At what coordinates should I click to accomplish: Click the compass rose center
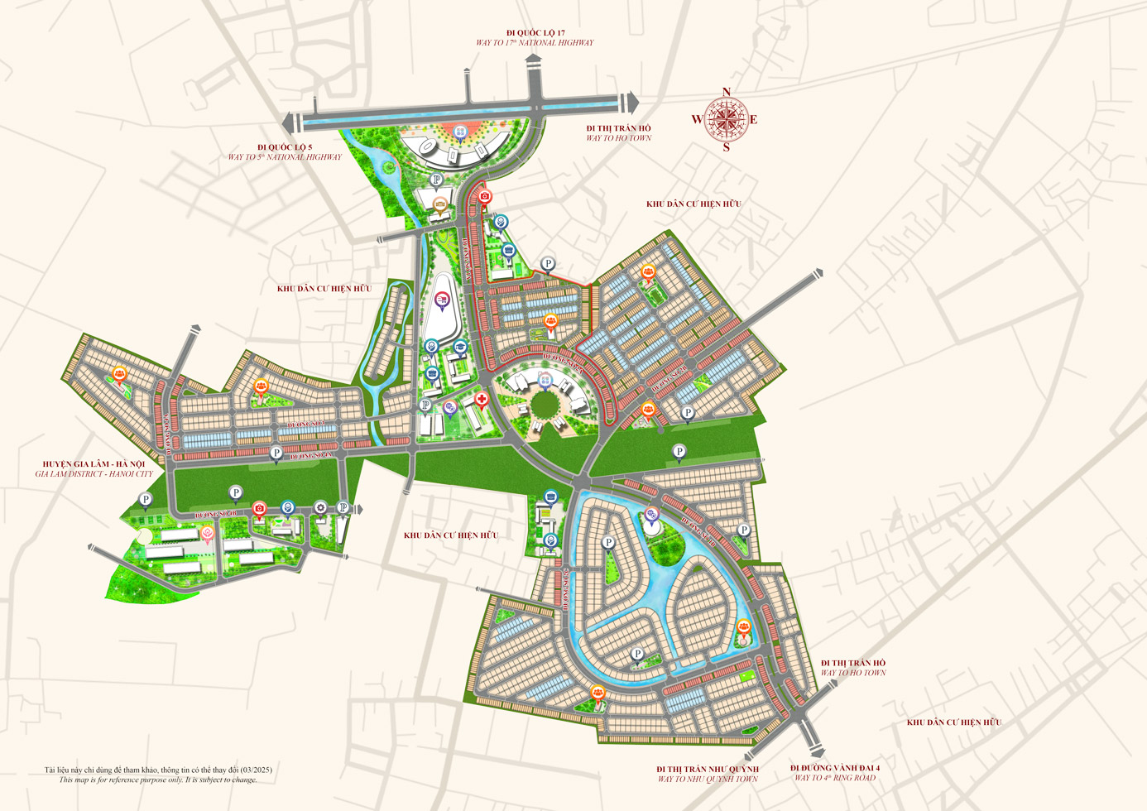[x=726, y=119]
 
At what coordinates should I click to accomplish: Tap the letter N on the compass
[x=727, y=93]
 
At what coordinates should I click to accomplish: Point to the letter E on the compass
[x=754, y=120]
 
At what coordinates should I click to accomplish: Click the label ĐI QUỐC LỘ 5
[x=285, y=147]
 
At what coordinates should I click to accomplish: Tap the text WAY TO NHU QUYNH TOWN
[x=708, y=779]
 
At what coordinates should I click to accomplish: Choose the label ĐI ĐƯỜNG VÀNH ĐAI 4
[x=834, y=768]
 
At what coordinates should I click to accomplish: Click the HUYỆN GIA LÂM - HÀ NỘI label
[x=94, y=464]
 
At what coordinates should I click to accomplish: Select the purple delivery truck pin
[x=441, y=300]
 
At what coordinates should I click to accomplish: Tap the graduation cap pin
[x=460, y=347]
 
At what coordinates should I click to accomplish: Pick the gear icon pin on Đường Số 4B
[x=320, y=506]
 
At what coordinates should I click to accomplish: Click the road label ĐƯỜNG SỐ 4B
[x=215, y=514]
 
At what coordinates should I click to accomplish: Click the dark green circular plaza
[x=545, y=405]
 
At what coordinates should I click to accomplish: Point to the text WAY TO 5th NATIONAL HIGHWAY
[x=285, y=157]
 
